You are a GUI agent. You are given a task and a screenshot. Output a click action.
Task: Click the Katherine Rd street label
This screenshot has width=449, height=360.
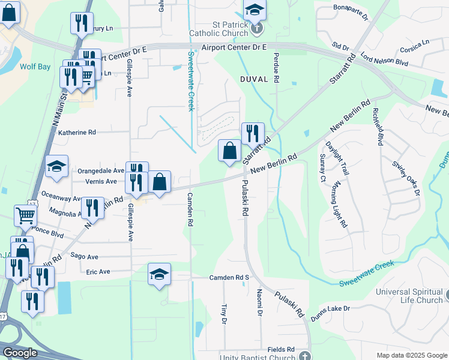point(76,132)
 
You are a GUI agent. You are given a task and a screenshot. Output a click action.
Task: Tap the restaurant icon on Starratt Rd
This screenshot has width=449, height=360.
point(252,132)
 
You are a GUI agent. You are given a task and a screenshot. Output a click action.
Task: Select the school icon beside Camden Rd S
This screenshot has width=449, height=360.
point(159,274)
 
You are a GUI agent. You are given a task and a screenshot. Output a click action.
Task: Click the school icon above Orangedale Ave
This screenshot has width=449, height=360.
point(56,166)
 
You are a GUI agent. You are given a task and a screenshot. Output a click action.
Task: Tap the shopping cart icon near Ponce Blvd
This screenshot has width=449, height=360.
point(25,214)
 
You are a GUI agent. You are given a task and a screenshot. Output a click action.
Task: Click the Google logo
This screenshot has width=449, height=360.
point(20,353)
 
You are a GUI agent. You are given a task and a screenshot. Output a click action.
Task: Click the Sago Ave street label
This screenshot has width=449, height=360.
point(84,256)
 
